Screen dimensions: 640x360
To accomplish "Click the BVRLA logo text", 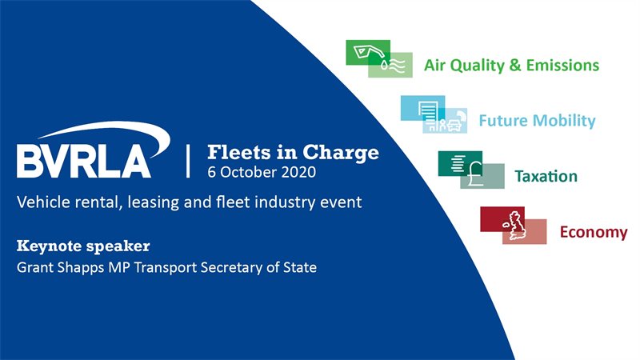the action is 84,161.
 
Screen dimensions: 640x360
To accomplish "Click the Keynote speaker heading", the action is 83,246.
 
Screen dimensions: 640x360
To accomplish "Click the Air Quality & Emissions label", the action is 511,66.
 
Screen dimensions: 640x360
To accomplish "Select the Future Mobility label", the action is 537,121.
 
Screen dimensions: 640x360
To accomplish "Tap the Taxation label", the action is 546,176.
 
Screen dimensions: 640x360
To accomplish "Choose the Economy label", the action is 594,232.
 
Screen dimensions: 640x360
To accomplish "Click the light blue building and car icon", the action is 434,114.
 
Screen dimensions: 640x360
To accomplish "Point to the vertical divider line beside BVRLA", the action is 188,161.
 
